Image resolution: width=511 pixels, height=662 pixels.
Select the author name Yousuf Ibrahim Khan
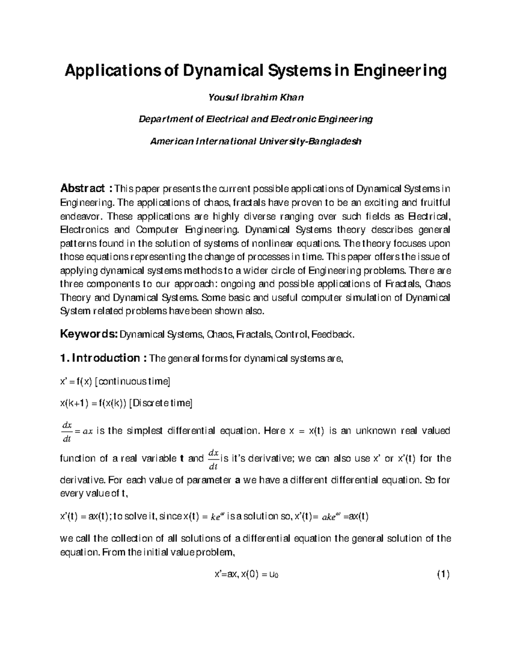[x=255, y=98]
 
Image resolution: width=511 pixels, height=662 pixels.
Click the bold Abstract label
[x=83, y=188]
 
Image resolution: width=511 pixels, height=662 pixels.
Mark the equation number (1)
[x=443, y=575]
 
